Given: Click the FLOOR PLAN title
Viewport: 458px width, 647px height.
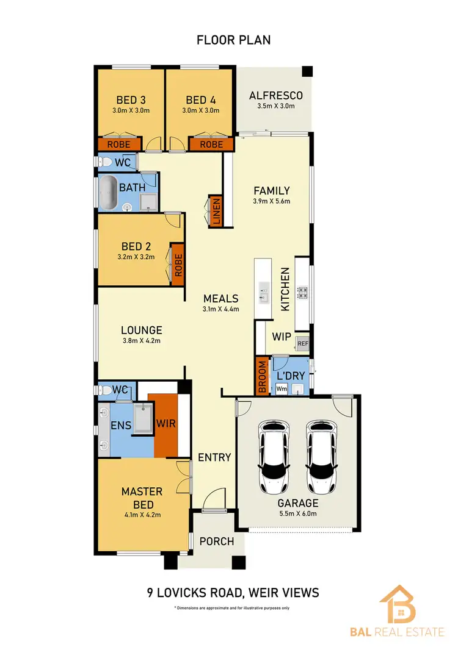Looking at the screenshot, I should (233, 40).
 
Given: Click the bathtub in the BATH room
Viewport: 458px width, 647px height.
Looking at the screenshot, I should (111, 192).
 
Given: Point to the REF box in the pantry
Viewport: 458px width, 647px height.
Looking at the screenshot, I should (303, 343).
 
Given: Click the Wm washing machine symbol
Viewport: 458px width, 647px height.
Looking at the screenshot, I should (282, 388).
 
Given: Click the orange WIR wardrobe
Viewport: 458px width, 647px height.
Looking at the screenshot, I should (166, 424).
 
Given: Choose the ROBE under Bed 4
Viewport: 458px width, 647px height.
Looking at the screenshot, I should (211, 145).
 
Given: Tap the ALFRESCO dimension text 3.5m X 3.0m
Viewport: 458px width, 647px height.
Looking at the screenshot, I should (276, 105).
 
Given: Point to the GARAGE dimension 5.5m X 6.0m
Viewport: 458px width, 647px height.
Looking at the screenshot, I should (299, 514).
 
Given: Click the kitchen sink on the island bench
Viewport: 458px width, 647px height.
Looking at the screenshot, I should (263, 293).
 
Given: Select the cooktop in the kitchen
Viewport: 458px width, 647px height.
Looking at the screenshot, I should (302, 293).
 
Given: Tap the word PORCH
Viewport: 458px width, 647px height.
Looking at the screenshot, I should (217, 541).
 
